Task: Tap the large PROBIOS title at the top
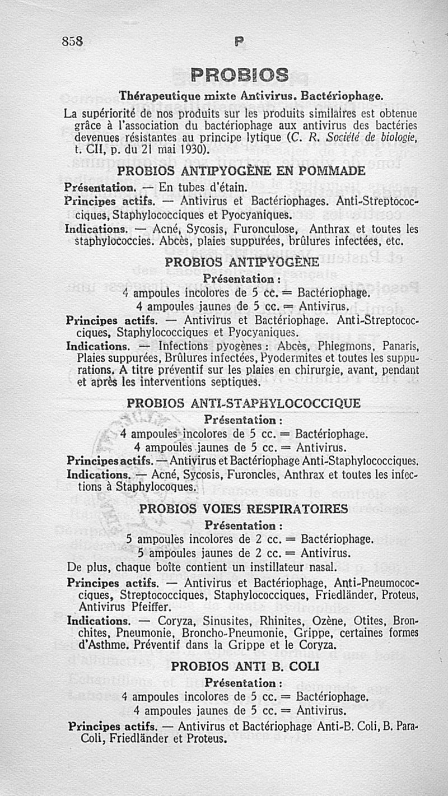tap(240, 75)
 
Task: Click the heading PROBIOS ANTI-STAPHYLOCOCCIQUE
tap(244, 403)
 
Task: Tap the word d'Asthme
tap(92, 645)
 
